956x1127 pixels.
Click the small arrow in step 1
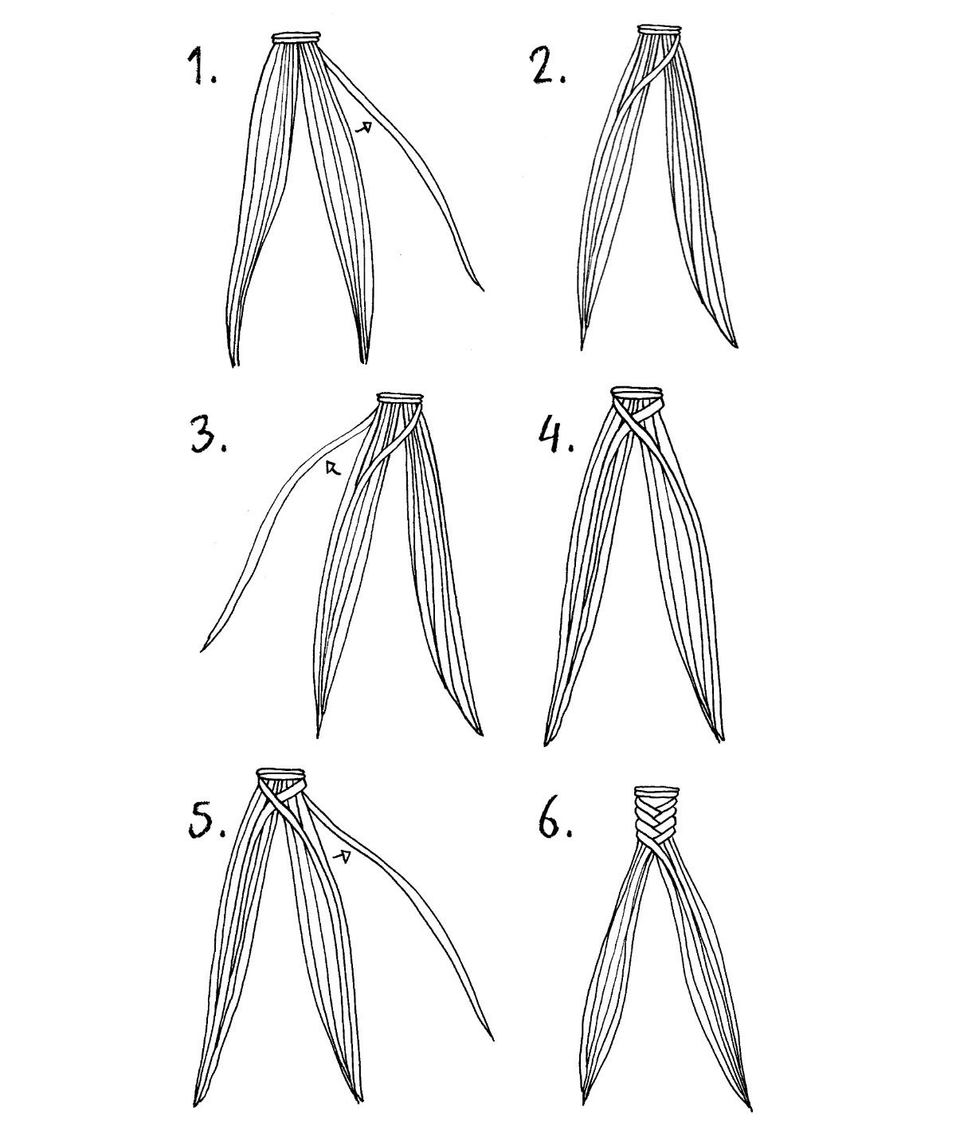coord(364,127)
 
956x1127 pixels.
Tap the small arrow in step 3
coord(332,468)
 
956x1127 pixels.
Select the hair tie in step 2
coord(660,29)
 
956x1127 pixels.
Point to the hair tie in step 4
coord(637,392)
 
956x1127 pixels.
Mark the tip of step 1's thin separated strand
coord(484,290)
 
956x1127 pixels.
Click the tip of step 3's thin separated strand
coord(203,650)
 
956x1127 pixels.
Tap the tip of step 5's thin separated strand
coord(493,1055)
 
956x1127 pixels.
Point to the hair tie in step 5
coord(280,774)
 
